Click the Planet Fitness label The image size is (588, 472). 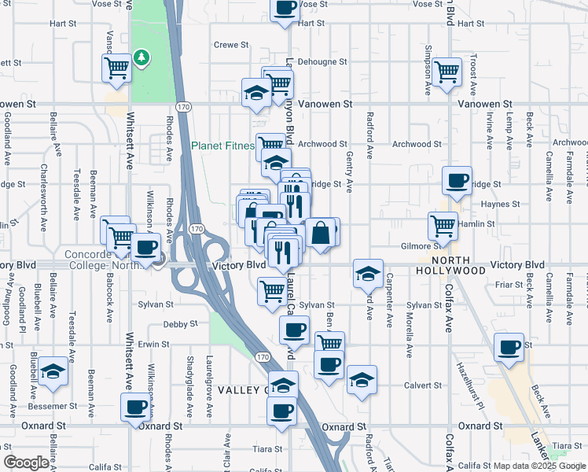click(223, 146)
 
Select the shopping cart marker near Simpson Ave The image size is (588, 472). click(447, 72)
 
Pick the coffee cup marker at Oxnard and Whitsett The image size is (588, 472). click(136, 407)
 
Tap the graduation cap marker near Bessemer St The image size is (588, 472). click(53, 371)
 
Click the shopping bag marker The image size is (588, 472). click(321, 233)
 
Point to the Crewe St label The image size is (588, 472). click(231, 45)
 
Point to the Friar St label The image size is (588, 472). click(509, 284)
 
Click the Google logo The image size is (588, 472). click(26, 463)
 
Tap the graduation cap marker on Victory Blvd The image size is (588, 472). click(367, 274)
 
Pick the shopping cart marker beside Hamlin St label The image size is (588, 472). click(443, 227)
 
